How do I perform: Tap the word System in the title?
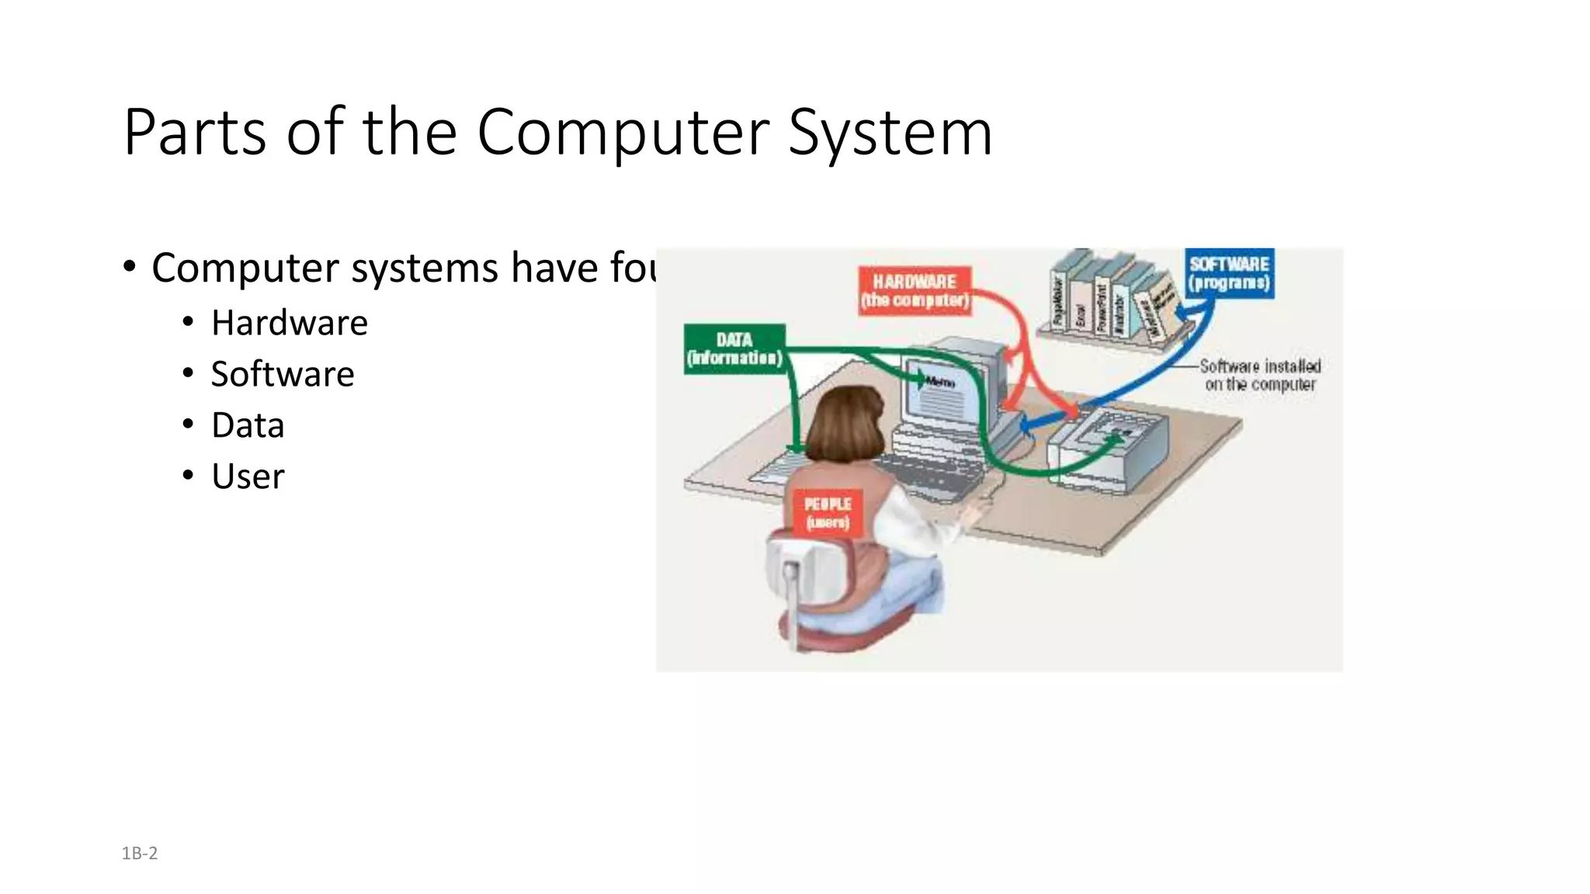890,133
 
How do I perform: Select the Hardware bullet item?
289,323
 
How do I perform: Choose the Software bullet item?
283,374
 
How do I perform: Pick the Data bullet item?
248,425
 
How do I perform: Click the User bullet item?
248,476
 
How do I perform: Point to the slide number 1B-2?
140,854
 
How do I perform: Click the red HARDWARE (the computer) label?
915,291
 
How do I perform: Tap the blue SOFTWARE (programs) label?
1229,273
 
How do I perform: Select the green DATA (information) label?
734,349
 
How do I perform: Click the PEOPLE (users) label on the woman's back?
828,513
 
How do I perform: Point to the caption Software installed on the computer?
1259,375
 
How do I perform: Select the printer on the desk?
1106,450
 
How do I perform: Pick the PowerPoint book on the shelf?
1100,307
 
